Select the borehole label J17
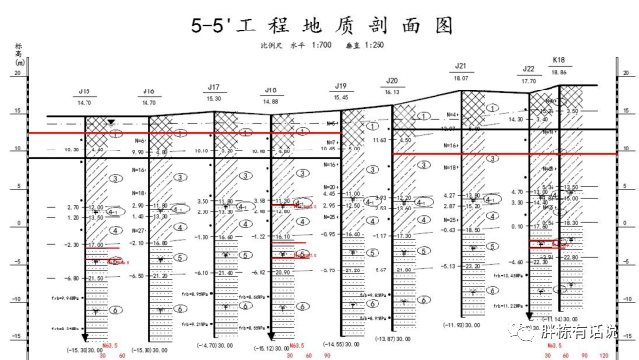pos(214,87)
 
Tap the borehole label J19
pos(341,86)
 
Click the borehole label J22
pos(529,70)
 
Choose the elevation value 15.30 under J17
pos(214,98)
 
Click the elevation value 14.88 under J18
pos(271,101)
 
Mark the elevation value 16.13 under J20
pos(392,91)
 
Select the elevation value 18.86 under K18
pos(560,71)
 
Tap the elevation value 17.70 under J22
pos(529,81)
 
